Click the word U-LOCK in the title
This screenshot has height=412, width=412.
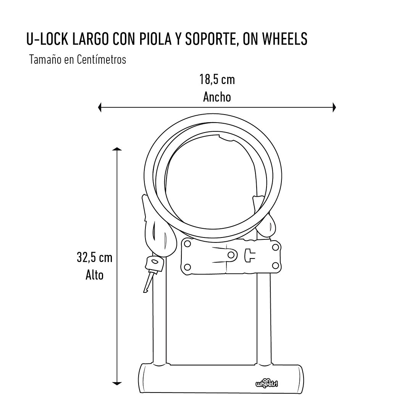point(48,39)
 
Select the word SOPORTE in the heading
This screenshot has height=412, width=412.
point(211,39)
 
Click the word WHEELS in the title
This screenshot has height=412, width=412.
point(284,39)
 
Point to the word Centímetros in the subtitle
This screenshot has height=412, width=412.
point(102,60)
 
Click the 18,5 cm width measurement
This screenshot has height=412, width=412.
point(217,79)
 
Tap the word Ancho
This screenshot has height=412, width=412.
point(217,97)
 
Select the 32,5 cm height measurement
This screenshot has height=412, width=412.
point(95,257)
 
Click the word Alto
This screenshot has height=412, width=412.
point(95,275)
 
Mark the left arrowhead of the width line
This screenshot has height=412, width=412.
point(100,107)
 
